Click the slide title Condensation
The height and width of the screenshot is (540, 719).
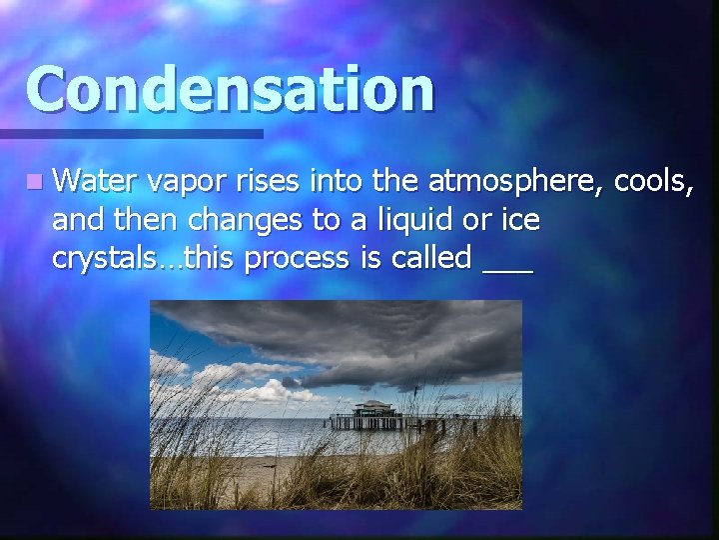coord(231,89)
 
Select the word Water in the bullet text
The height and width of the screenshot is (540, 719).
coord(97,182)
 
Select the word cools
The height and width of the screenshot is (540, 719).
coord(653,182)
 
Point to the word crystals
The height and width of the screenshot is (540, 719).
coord(98,258)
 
